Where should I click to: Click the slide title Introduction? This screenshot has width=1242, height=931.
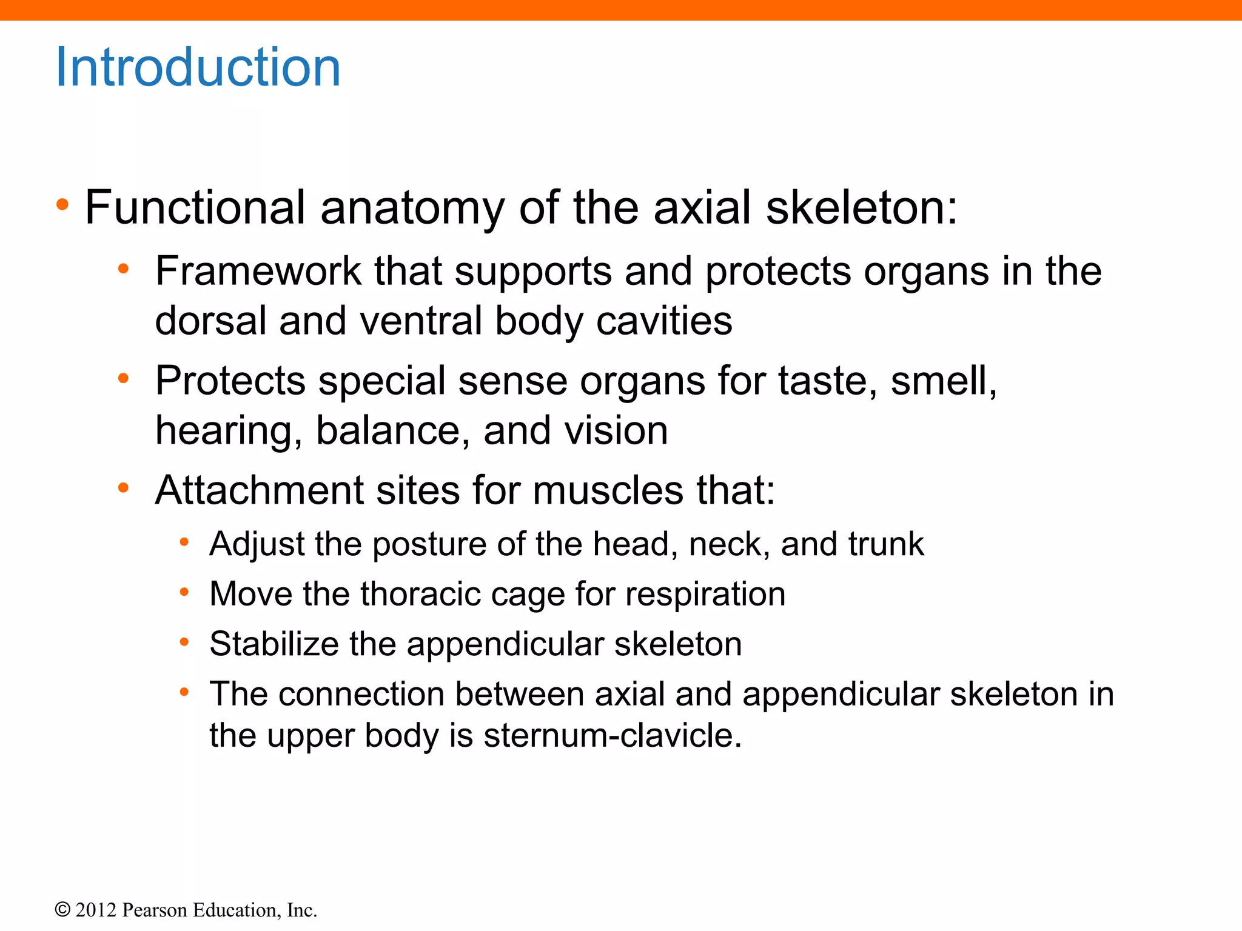pos(198,67)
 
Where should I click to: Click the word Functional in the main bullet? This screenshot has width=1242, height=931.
pos(195,207)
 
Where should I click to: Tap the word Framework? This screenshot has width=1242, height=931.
pos(258,271)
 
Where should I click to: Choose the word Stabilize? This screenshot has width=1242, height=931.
pos(274,644)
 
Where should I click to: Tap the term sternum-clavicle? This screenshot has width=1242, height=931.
pos(613,736)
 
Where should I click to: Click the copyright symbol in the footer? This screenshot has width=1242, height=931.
pos(62,910)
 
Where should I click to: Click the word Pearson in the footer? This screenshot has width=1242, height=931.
pos(155,910)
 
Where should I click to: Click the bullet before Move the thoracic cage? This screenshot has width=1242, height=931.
pos(184,592)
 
